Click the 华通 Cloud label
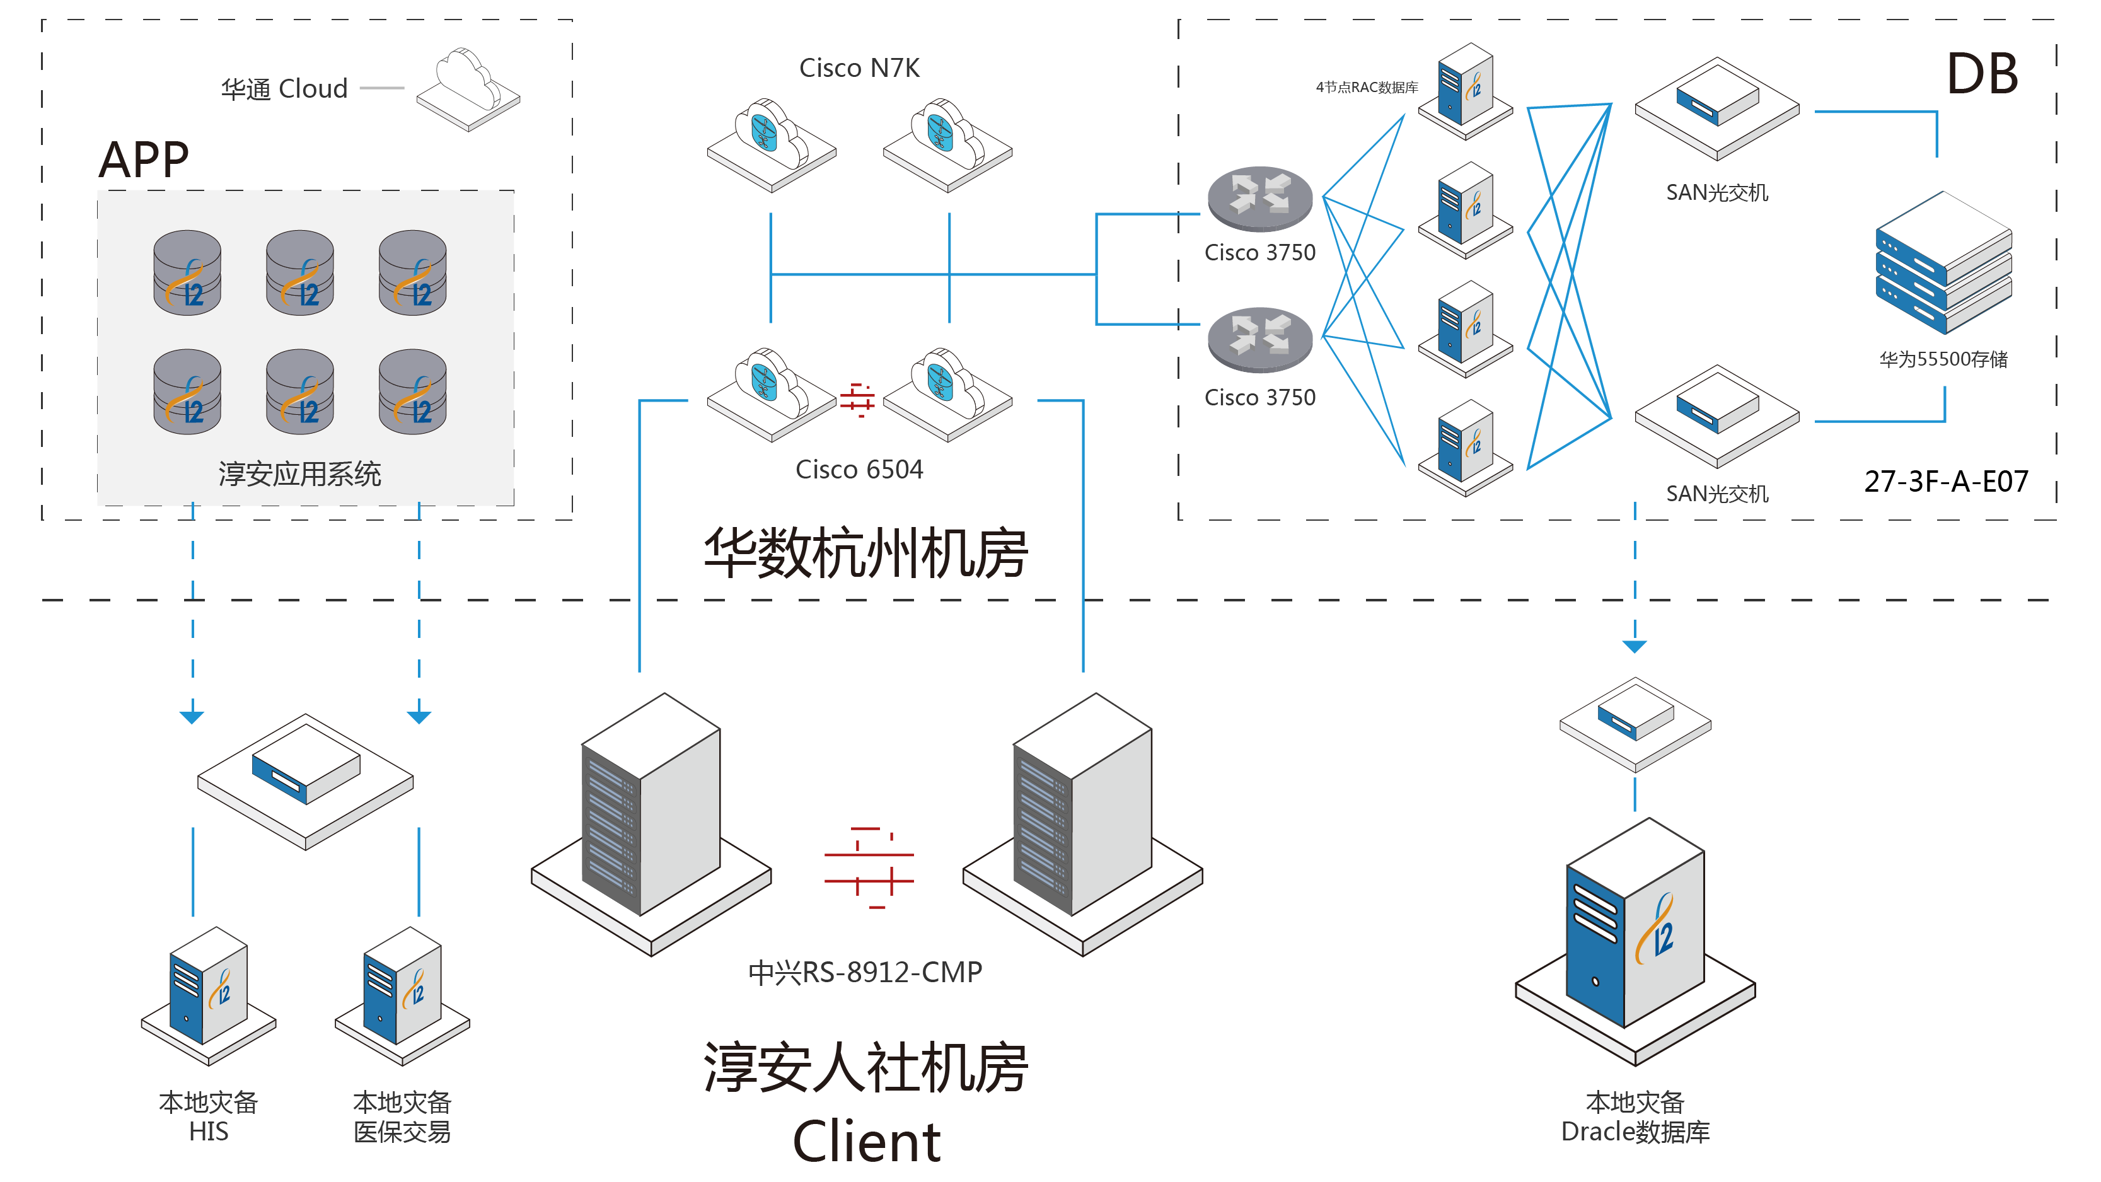pyautogui.click(x=284, y=88)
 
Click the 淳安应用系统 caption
pyautogui.click(x=299, y=474)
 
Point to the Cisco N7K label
pyautogui.click(x=859, y=67)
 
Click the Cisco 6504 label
pyautogui.click(x=859, y=469)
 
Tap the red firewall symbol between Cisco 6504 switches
pyautogui.click(x=857, y=400)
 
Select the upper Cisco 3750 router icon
pyautogui.click(x=1259, y=198)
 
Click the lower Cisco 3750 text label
pyautogui.click(x=1259, y=397)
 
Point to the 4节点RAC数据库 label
pyautogui.click(x=1366, y=87)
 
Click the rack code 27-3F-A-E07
pyautogui.click(x=1945, y=481)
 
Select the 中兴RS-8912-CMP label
pyautogui.click(x=864, y=971)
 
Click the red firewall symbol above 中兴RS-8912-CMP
pyautogui.click(x=869, y=867)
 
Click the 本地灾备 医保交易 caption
pyautogui.click(x=402, y=1116)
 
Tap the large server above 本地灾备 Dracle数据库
pyautogui.click(x=1635, y=938)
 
